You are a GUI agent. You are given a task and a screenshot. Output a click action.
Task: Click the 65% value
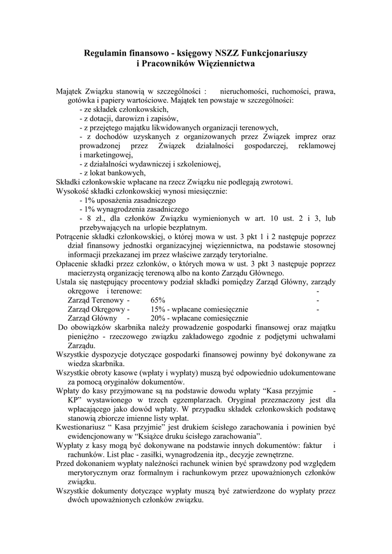(x=158, y=300)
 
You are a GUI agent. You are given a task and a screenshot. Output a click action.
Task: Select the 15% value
(x=158, y=309)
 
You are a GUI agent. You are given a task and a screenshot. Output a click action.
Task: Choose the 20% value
(x=158, y=318)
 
